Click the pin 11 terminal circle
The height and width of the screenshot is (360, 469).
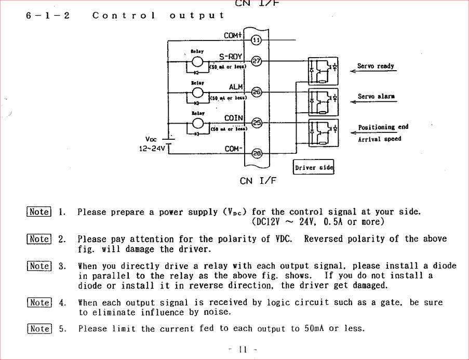pyautogui.click(x=256, y=40)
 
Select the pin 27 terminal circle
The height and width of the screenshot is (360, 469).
pyautogui.click(x=256, y=61)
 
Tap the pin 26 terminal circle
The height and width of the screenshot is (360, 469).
pyautogui.click(x=256, y=92)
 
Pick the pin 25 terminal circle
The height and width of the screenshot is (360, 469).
pyautogui.click(x=256, y=123)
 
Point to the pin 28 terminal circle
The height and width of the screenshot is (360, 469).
pyautogui.click(x=256, y=153)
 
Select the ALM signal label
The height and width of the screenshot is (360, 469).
pyautogui.click(x=236, y=87)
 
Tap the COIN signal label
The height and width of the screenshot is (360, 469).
pyautogui.click(x=233, y=118)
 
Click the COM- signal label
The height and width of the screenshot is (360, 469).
pyautogui.click(x=233, y=149)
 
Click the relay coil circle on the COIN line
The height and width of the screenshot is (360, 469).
pyautogui.click(x=197, y=124)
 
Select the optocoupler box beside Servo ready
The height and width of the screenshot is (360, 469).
pyautogui.click(x=323, y=71)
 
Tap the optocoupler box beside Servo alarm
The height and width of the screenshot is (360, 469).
pyautogui.click(x=323, y=102)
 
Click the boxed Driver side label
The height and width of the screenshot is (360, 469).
pyautogui.click(x=314, y=168)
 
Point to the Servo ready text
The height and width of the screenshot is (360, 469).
pyautogui.click(x=376, y=66)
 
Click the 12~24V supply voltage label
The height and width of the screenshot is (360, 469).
pyautogui.click(x=152, y=149)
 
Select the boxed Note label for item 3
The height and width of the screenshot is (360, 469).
pyautogui.click(x=39, y=266)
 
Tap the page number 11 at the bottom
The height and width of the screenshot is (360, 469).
pyautogui.click(x=242, y=350)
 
